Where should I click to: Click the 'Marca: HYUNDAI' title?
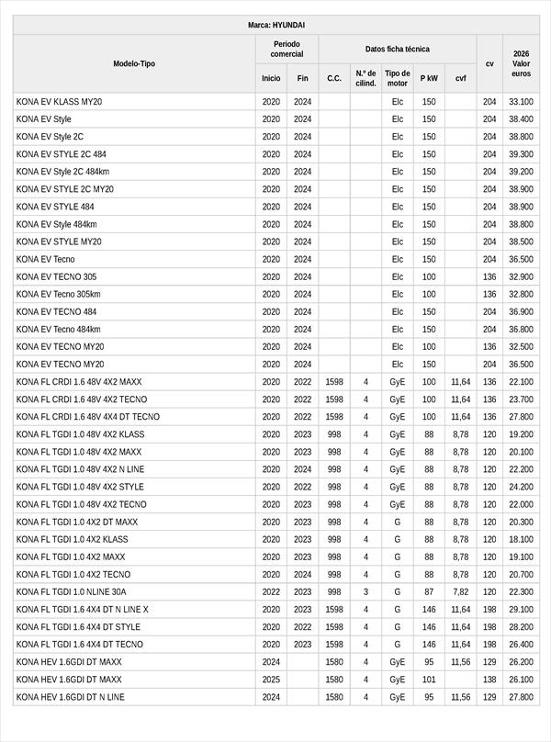pyautogui.click(x=276, y=25)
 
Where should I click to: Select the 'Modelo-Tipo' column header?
pyautogui.click(x=134, y=63)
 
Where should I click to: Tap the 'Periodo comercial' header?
pyautogui.click(x=287, y=49)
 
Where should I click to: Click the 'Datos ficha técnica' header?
pyautogui.click(x=397, y=49)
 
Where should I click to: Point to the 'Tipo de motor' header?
pyautogui.click(x=397, y=78)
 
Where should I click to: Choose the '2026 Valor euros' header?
pyautogui.click(x=521, y=63)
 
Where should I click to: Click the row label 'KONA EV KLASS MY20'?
pyautogui.click(x=59, y=102)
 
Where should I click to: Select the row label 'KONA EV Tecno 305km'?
pyautogui.click(x=58, y=295)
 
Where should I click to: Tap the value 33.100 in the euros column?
pyautogui.click(x=521, y=102)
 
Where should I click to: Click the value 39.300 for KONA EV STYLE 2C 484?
pyautogui.click(x=521, y=154)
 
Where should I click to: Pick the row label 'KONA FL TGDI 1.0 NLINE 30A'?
pyautogui.click(x=72, y=592)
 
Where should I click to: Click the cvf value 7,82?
pyautogui.click(x=460, y=592)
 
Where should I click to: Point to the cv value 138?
pyautogui.click(x=489, y=680)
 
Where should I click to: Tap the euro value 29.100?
pyautogui.click(x=521, y=610)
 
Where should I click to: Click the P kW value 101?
pyautogui.click(x=429, y=680)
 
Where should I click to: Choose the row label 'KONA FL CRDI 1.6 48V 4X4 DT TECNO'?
pyautogui.click(x=88, y=417)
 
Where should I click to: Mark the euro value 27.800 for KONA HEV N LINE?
pyautogui.click(x=521, y=697)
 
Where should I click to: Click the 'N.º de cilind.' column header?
pyautogui.click(x=365, y=78)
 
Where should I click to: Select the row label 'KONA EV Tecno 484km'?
pyautogui.click(x=58, y=330)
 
